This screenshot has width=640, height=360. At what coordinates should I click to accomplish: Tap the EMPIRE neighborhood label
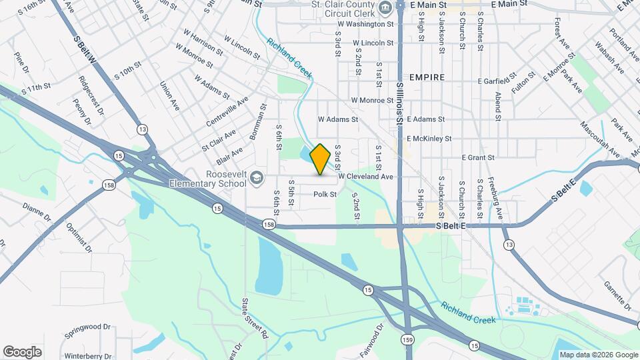click(427, 77)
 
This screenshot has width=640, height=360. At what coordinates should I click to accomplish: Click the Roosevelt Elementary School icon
click(259, 176)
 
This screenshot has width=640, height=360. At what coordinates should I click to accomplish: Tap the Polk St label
click(325, 194)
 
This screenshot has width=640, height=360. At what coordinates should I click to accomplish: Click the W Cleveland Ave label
click(365, 177)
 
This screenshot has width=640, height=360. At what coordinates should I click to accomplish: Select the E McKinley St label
click(429, 139)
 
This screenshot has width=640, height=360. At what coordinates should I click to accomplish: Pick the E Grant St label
click(477, 157)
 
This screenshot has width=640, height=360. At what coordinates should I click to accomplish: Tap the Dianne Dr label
click(37, 211)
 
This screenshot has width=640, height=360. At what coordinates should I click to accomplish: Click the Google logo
click(22, 351)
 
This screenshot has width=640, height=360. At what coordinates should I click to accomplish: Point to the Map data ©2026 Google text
click(597, 355)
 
